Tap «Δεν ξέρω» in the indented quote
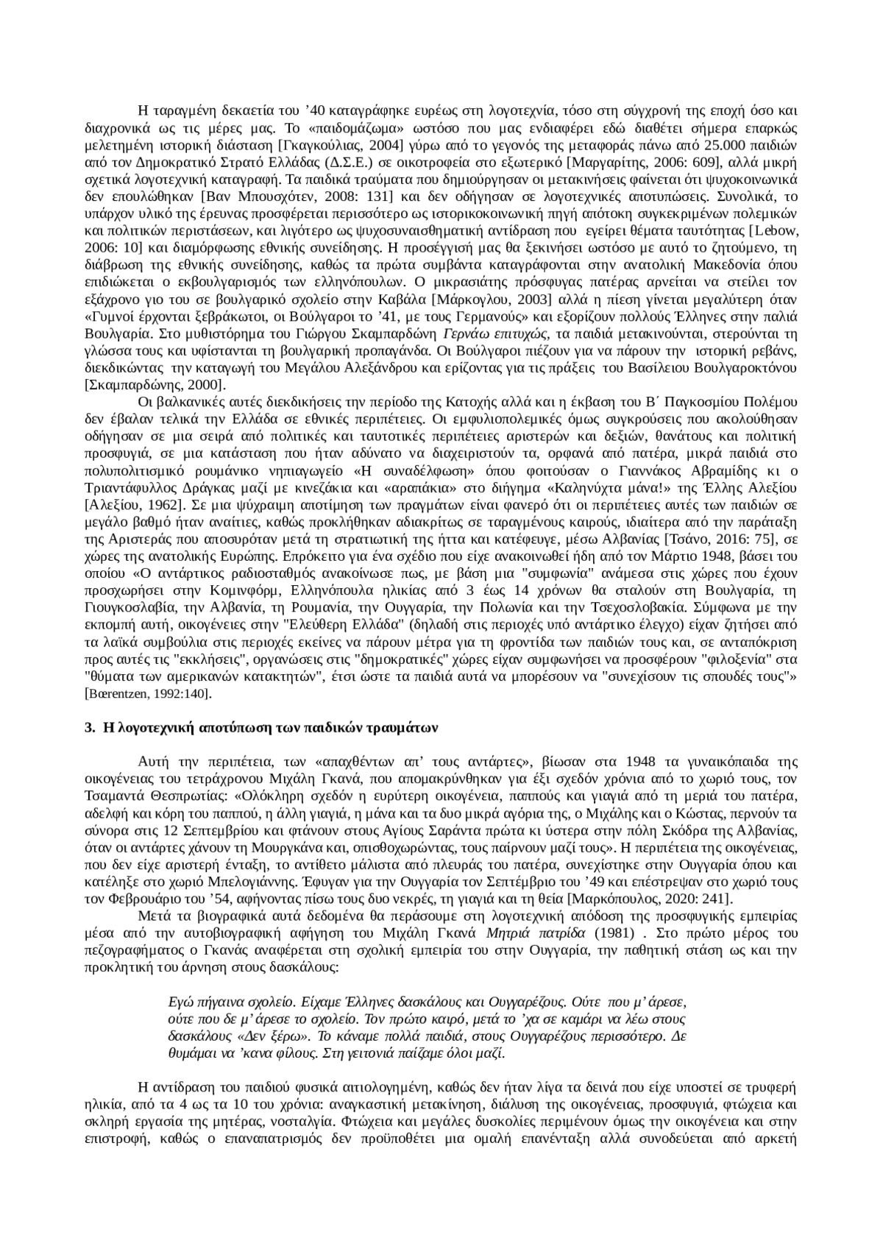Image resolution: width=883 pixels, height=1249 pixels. pyautogui.click(x=242, y=1036)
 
